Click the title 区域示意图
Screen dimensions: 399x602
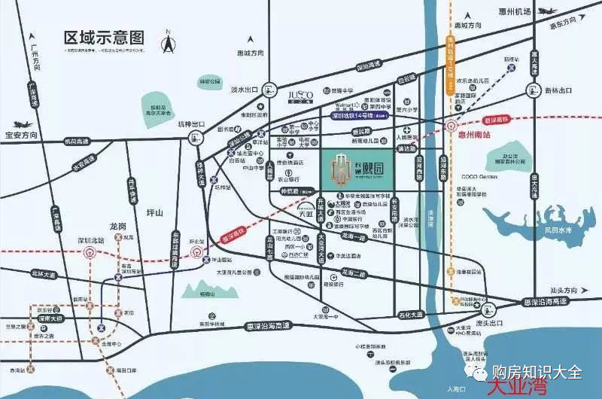[104, 35]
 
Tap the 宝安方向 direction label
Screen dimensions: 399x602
[20, 136]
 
